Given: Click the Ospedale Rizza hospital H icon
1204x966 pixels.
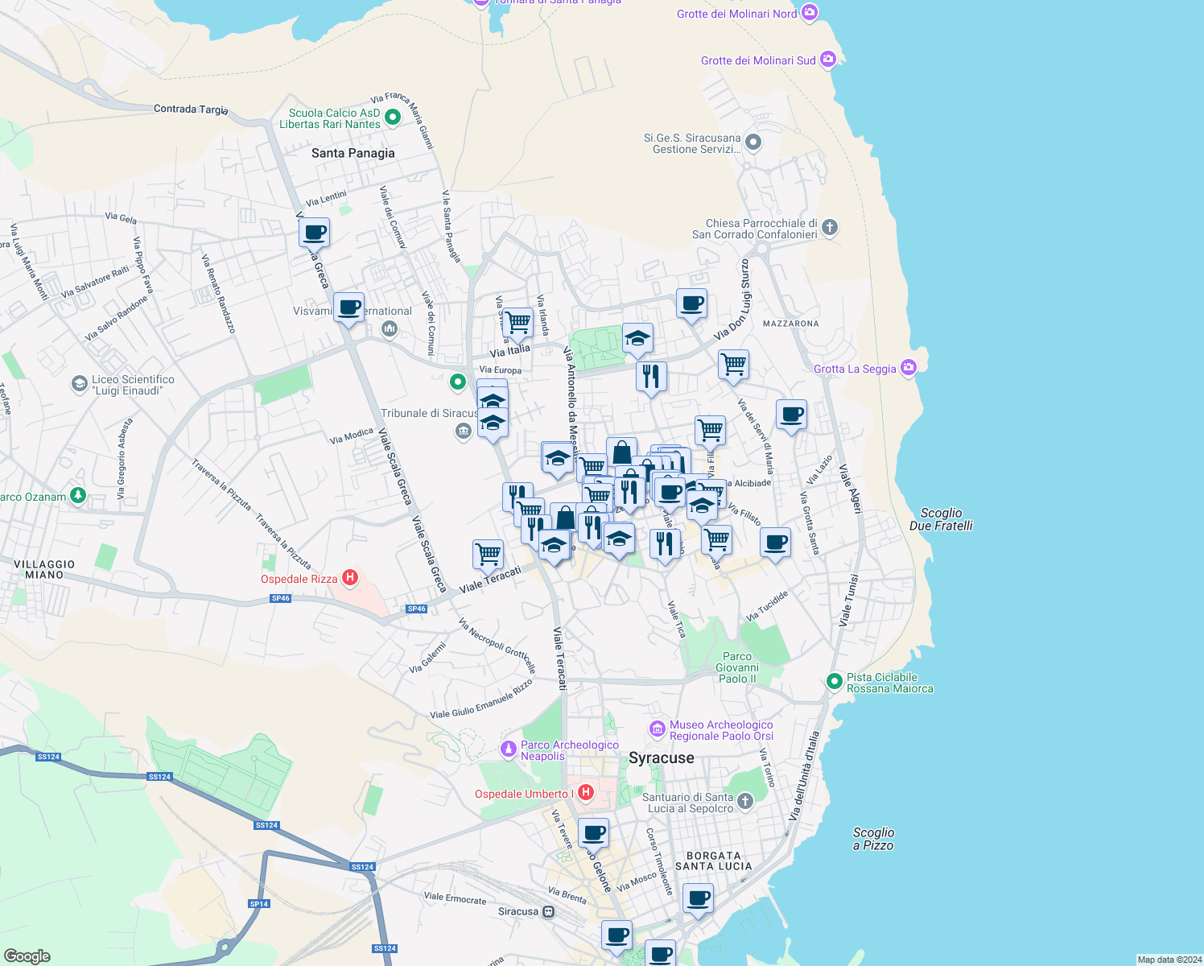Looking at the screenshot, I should pyautogui.click(x=350, y=577).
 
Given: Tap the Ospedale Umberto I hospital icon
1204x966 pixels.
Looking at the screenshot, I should pyautogui.click(x=586, y=793).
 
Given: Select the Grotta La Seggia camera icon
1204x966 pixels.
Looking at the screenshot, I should pyautogui.click(x=909, y=368).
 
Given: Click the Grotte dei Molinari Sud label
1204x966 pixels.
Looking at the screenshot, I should pyautogui.click(x=758, y=60).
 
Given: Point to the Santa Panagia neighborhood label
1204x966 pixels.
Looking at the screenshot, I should pyautogui.click(x=353, y=153).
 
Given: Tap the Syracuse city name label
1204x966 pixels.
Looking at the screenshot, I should pyautogui.click(x=661, y=758).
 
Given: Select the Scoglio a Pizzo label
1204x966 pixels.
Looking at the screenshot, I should pyautogui.click(x=873, y=839).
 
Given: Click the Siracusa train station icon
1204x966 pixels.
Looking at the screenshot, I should pyautogui.click(x=548, y=911).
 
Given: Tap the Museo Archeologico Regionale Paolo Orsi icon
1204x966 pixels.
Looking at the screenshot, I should pyautogui.click(x=658, y=729).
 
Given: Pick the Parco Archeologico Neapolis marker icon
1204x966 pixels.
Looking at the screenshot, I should pyautogui.click(x=508, y=749).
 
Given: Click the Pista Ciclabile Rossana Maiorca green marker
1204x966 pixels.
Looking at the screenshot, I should pyautogui.click(x=835, y=682).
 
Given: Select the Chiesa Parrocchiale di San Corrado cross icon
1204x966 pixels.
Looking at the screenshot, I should pyautogui.click(x=830, y=228).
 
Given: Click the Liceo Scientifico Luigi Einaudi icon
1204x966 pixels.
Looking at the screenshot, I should pyautogui.click(x=80, y=384).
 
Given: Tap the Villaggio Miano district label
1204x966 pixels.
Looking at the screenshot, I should pyautogui.click(x=44, y=569).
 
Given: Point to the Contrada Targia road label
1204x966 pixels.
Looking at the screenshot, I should pyautogui.click(x=191, y=109).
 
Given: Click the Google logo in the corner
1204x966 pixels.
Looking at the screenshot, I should pyautogui.click(x=27, y=956).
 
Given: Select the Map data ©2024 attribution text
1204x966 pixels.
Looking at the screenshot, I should pyautogui.click(x=1169, y=960).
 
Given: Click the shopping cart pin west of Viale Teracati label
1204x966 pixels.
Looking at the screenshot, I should pyautogui.click(x=488, y=553).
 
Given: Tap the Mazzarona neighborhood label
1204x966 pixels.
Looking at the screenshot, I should pyautogui.click(x=790, y=324).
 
